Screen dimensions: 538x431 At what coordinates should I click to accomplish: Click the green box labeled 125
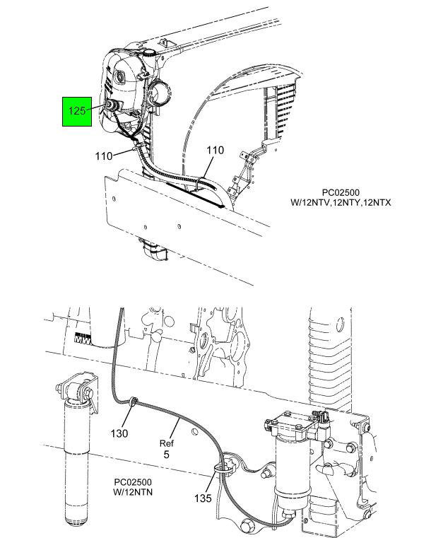78,110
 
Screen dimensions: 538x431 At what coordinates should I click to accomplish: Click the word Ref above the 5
166,443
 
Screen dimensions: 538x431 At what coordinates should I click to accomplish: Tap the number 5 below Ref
166,455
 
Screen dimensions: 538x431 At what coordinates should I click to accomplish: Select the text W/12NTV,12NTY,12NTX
341,202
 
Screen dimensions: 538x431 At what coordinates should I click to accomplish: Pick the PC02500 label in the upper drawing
341,192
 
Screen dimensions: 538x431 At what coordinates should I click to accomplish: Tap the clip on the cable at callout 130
132,403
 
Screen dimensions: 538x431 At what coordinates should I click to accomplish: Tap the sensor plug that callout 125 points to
111,105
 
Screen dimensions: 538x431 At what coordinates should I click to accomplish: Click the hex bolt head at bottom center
249,526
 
